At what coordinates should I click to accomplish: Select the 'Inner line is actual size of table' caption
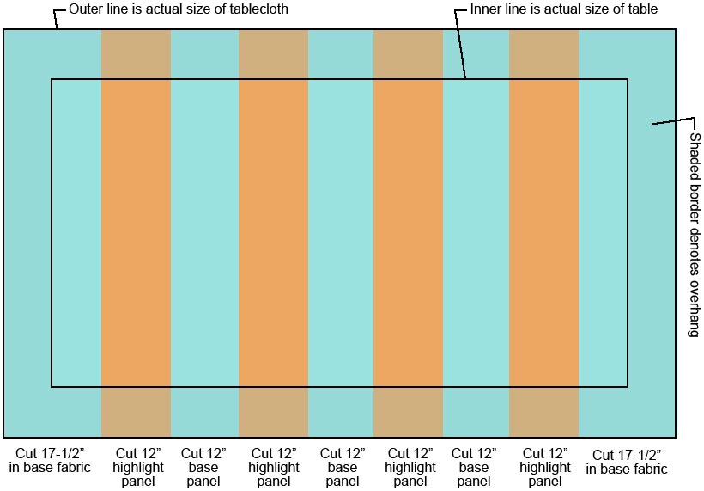point(564,9)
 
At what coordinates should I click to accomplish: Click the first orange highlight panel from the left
point(136,232)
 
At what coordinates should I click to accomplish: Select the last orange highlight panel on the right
point(543,232)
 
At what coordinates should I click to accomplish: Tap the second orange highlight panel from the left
point(273,232)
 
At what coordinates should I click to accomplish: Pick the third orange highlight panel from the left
point(408,232)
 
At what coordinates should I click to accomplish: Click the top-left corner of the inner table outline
point(52,80)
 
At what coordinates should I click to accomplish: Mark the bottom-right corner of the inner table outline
point(628,387)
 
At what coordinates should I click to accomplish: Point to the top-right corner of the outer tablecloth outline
point(676,29)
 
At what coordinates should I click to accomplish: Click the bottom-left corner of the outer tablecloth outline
point(4,437)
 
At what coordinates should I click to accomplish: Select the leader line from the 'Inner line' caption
point(461,43)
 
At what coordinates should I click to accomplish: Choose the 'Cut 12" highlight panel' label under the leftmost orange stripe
point(136,467)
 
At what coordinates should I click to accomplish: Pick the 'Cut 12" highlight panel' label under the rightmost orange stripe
point(545,467)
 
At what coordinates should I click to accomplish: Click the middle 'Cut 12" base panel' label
point(341,467)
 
